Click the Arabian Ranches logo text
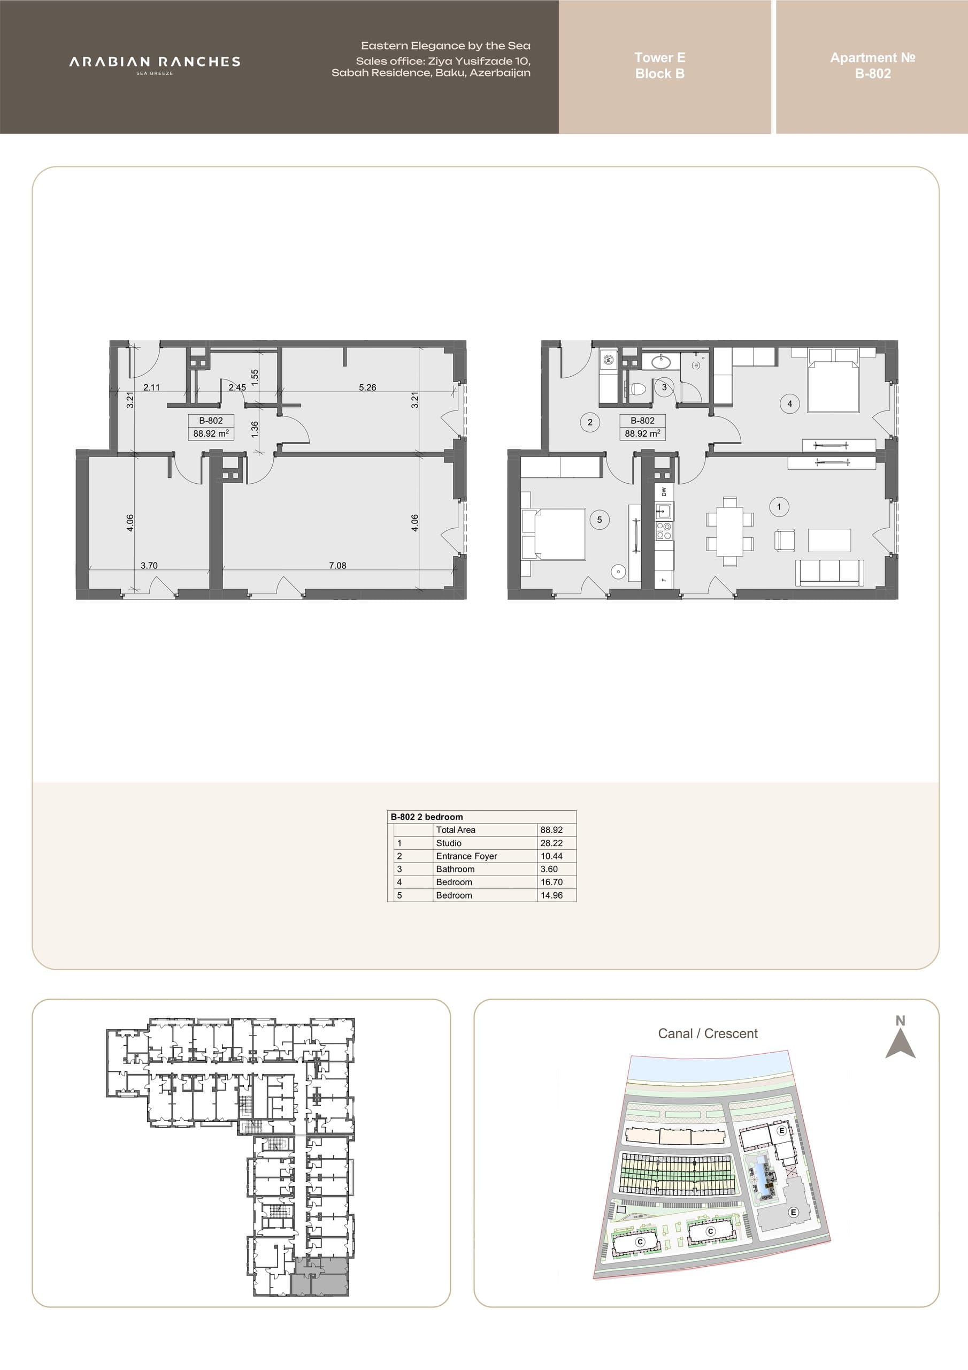point(155,62)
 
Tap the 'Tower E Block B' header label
point(659,66)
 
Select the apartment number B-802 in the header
point(873,73)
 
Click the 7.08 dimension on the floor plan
point(337,565)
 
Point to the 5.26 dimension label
point(367,387)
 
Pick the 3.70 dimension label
point(149,565)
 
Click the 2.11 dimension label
point(151,387)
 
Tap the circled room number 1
point(778,507)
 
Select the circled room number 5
point(600,520)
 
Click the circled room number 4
point(790,404)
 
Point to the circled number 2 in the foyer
point(590,422)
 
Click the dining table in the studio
point(729,531)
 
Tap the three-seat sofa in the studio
point(829,573)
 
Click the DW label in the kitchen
point(664,492)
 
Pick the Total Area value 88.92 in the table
point(551,830)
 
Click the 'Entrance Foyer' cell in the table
point(466,856)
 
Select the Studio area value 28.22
point(551,843)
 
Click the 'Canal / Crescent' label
point(708,1033)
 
